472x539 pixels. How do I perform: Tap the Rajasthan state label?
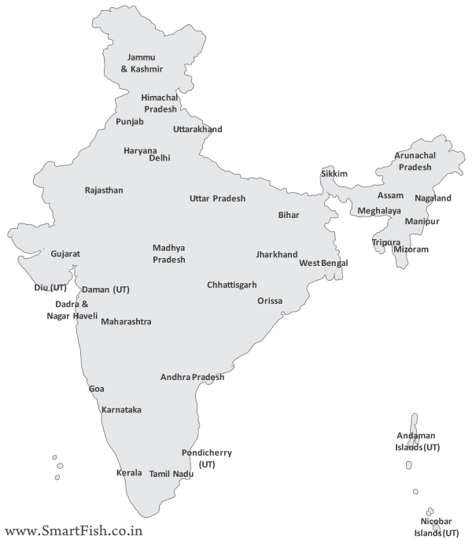click(x=104, y=190)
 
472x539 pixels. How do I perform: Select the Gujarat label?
click(x=65, y=254)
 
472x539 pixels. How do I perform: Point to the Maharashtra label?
click(x=127, y=322)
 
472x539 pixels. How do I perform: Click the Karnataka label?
click(x=121, y=410)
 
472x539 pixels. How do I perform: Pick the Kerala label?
click(x=129, y=473)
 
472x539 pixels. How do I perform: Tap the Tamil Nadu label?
click(x=171, y=474)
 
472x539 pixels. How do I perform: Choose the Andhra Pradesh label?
click(x=193, y=377)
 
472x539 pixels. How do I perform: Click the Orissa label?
click(x=270, y=301)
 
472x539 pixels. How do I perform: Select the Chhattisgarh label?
click(x=232, y=285)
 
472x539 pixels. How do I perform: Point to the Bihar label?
click(x=289, y=215)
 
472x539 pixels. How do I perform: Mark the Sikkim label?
click(x=334, y=173)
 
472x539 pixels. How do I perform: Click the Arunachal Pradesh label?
click(x=415, y=161)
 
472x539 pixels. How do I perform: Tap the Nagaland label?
click(x=433, y=198)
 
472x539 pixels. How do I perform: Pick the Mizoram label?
click(x=411, y=249)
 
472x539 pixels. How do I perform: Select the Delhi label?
click(x=160, y=158)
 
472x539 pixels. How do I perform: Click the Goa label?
click(x=96, y=389)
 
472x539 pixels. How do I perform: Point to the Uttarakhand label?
click(x=198, y=129)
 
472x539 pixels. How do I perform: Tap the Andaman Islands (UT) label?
click(x=418, y=441)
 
